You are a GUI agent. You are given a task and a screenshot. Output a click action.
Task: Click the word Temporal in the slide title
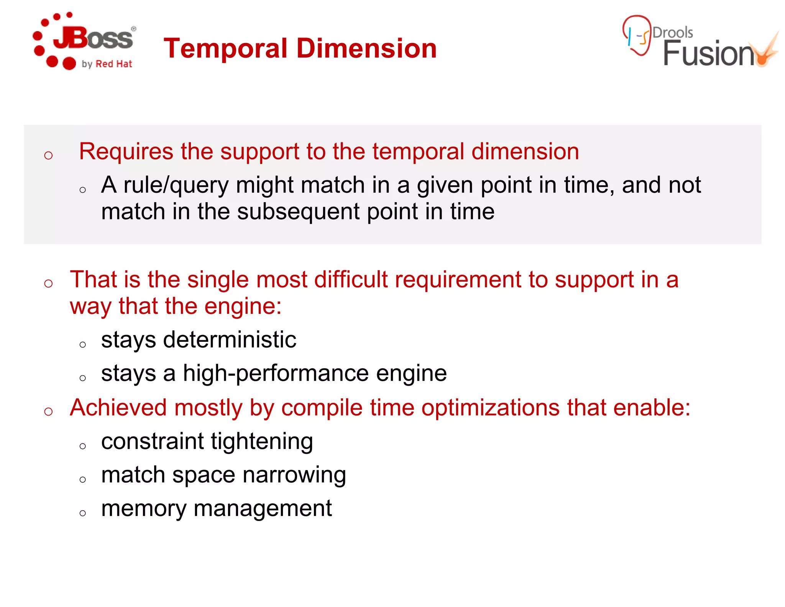(x=225, y=49)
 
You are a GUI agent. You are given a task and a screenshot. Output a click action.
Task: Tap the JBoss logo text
(x=94, y=38)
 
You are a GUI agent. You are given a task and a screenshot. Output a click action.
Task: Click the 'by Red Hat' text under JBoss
(x=107, y=64)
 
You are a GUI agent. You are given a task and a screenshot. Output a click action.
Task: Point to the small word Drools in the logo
(x=673, y=33)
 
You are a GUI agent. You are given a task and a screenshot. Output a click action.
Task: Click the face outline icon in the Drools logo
(x=637, y=35)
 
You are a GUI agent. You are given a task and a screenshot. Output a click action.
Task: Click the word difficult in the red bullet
(x=351, y=279)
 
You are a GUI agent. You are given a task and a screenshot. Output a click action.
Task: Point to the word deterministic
(x=229, y=340)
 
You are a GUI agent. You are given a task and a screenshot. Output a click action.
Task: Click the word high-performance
(x=276, y=373)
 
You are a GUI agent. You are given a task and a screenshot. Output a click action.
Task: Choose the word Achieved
(x=118, y=407)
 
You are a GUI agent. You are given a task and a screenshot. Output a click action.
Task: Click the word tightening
(x=262, y=441)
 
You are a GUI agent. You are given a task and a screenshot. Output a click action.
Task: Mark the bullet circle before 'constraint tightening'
(x=82, y=446)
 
